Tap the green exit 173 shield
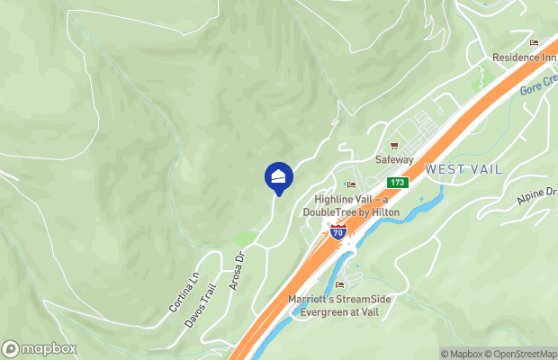pos(400,183)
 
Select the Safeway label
pos(393,160)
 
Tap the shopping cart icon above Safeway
pos(393,146)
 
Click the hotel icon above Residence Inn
pos(534,42)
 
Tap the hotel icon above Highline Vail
pos(351,185)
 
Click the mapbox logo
pos(40,349)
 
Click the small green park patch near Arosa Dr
pos(245,238)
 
